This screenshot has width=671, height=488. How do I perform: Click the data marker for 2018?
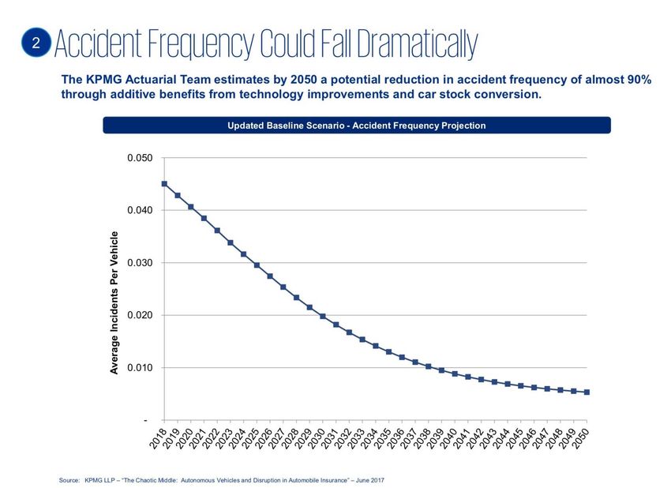coord(164,184)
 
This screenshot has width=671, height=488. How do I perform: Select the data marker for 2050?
coord(587,392)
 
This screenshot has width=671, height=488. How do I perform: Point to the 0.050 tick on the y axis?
coord(140,159)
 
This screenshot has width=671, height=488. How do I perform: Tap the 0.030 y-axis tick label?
coord(140,263)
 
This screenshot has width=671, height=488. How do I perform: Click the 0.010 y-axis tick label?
coord(140,368)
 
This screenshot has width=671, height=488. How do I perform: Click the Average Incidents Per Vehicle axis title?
coord(114,302)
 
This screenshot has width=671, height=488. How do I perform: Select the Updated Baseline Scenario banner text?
coord(356,126)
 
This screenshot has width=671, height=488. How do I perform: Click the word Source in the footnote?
coord(69,479)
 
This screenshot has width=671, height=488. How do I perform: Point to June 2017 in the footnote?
coord(368,479)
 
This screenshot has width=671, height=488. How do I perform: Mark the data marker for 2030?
coord(323,316)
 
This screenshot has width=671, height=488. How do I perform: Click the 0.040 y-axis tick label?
coord(140,211)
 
